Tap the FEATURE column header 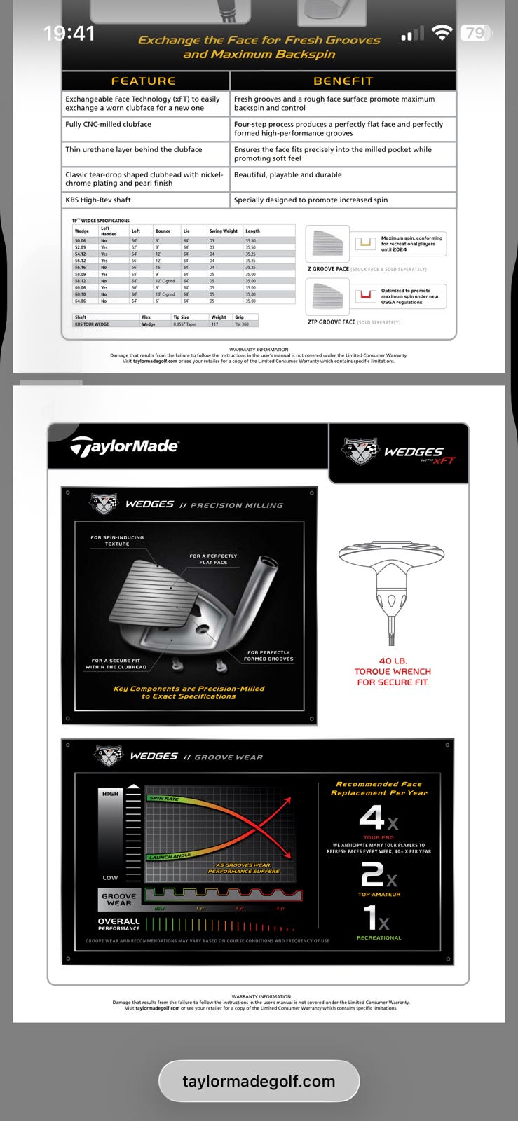(x=143, y=81)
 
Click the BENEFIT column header (x=343, y=81)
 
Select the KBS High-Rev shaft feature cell (x=98, y=200)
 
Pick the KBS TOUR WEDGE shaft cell (x=91, y=324)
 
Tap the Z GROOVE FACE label (x=328, y=269)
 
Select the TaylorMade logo (x=125, y=446)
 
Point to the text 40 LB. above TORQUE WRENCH (x=393, y=661)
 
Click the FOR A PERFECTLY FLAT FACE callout (x=213, y=559)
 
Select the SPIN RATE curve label (x=164, y=799)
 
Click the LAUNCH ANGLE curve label (x=169, y=856)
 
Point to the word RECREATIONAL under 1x (x=379, y=937)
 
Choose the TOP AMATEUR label (x=379, y=894)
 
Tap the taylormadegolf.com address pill (x=259, y=1081)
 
